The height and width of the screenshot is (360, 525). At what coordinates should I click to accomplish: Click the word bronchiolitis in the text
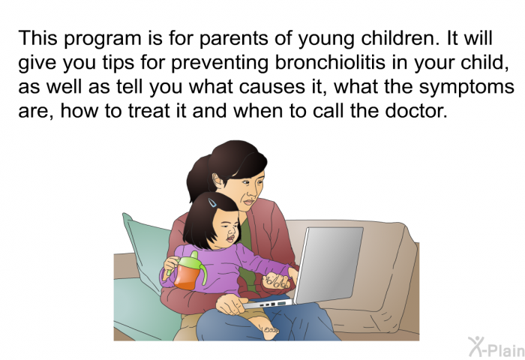(330, 62)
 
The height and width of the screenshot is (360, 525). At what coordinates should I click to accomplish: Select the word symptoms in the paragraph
(466, 88)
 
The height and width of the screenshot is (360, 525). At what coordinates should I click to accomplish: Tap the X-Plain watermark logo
(496, 346)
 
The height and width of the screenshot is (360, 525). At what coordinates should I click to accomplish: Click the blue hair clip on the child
(212, 202)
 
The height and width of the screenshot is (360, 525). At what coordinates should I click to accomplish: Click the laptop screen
(328, 265)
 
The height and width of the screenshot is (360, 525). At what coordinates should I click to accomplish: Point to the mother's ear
(218, 181)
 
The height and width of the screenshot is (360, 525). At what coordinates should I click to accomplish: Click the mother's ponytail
(197, 178)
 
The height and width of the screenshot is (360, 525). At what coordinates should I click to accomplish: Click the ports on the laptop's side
(273, 304)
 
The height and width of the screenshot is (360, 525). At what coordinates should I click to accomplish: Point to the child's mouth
(230, 238)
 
